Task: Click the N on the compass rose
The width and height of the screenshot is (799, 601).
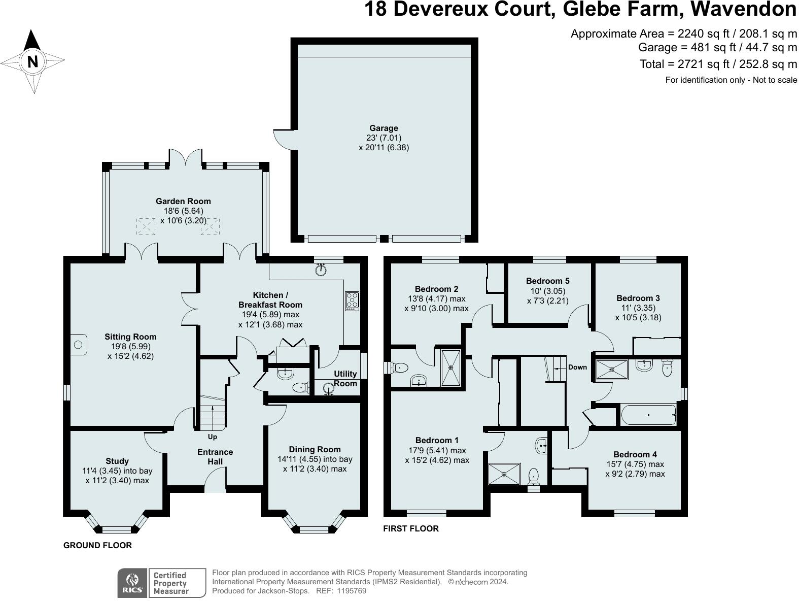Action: pyautogui.click(x=32, y=62)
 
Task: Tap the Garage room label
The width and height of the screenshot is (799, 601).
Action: pyautogui.click(x=384, y=128)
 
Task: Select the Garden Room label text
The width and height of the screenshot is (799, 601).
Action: pyautogui.click(x=183, y=202)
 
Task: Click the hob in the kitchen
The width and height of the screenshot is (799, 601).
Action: pyautogui.click(x=352, y=301)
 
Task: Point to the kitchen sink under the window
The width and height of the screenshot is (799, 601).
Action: pyautogui.click(x=320, y=270)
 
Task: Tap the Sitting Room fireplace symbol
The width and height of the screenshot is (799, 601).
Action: pyautogui.click(x=78, y=345)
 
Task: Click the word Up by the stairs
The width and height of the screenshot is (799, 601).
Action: pyautogui.click(x=212, y=437)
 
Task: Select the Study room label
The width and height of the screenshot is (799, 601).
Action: pyautogui.click(x=117, y=461)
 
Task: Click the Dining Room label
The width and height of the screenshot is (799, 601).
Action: pyautogui.click(x=315, y=449)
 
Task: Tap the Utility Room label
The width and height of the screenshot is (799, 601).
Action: pyautogui.click(x=345, y=379)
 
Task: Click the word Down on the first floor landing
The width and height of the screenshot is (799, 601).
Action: pyautogui.click(x=577, y=367)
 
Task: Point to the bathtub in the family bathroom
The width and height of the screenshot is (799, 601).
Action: pyautogui.click(x=648, y=415)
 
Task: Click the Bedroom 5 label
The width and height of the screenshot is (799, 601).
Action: pyautogui.click(x=548, y=281)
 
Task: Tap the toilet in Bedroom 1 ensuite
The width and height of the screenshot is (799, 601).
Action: pyautogui.click(x=533, y=477)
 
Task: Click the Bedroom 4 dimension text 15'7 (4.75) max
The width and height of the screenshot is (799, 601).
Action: pyautogui.click(x=635, y=464)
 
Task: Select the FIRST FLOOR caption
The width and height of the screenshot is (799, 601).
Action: pyautogui.click(x=410, y=528)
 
